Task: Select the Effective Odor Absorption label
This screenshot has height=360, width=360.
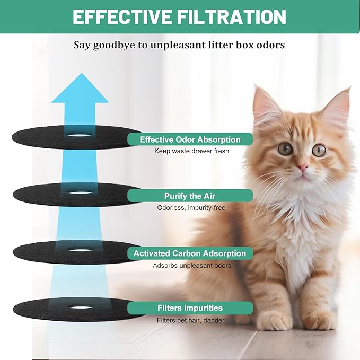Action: [x=190, y=139]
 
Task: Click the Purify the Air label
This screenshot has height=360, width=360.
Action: [x=190, y=196]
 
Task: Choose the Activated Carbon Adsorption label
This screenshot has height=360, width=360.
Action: [x=190, y=253]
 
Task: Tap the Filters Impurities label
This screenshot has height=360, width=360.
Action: [x=190, y=308]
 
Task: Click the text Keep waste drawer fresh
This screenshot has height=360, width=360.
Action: [x=190, y=151]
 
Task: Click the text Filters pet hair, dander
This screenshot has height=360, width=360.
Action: [x=190, y=320]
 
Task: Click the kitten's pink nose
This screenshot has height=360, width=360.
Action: [x=303, y=169]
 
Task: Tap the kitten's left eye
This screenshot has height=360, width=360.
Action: [x=286, y=148]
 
